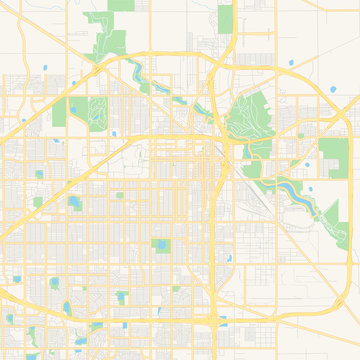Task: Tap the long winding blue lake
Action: [290, 190]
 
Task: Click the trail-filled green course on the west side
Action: [97, 111]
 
